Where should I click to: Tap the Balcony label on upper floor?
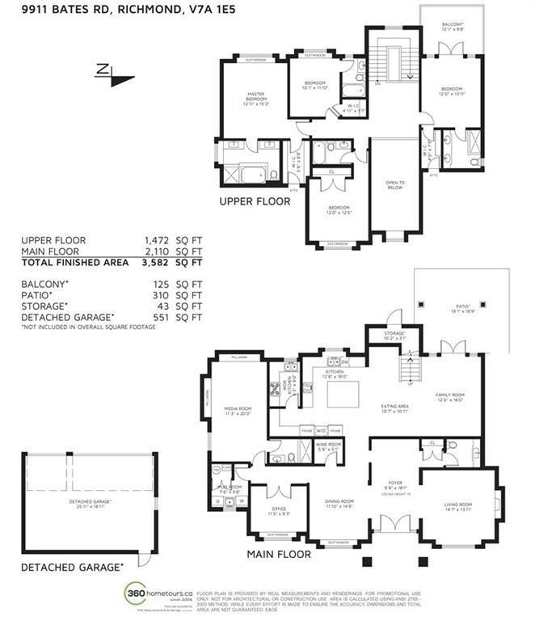[x=452, y=25]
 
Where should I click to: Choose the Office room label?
[x=277, y=511]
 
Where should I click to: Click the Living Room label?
[x=457, y=505]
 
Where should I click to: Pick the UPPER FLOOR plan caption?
[x=254, y=201]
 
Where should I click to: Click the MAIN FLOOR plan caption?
[x=277, y=554]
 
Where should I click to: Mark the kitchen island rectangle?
[x=347, y=395]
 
